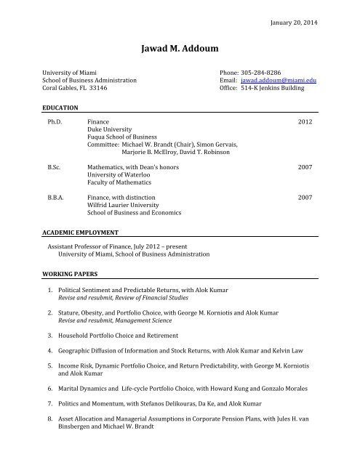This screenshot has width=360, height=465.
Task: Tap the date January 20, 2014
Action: pos(298,21)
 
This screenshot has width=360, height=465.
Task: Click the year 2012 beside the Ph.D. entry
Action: pos(307,123)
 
